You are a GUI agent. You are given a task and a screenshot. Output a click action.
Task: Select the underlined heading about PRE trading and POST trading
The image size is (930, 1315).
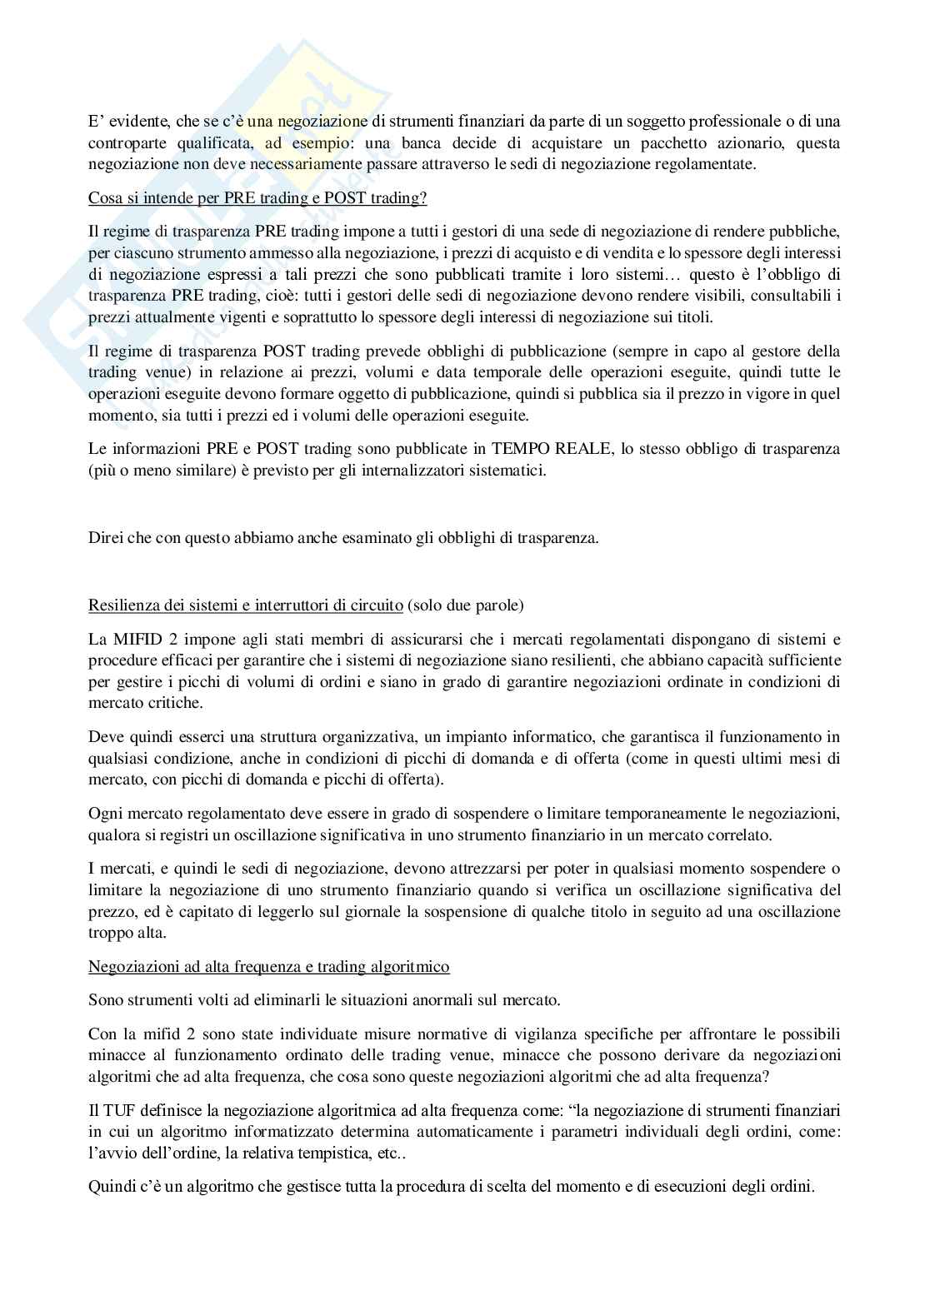pos(257,200)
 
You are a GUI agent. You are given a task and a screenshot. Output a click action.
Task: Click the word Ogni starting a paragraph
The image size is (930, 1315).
pos(103,813)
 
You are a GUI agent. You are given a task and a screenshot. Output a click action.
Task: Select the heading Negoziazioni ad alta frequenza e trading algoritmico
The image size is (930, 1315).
pos(269,967)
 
